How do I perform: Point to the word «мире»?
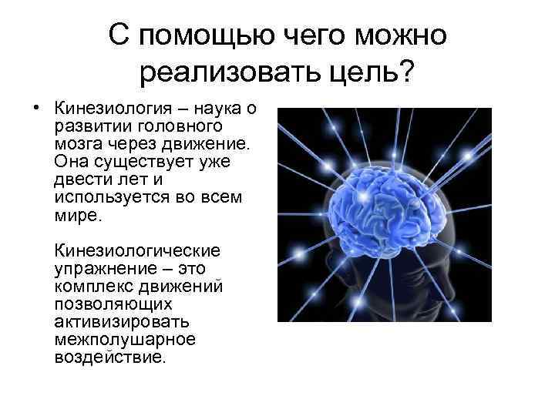[77, 216]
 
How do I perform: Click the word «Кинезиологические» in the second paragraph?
[136, 251]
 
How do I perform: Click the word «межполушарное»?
[113, 341]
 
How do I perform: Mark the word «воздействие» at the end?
[109, 358]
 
